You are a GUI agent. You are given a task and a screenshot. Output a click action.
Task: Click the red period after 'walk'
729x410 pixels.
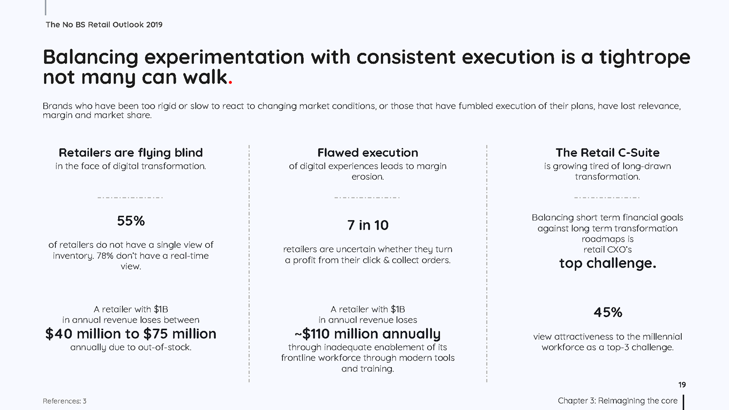click(x=230, y=83)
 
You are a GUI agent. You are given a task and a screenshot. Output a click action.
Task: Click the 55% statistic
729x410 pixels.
click(x=131, y=221)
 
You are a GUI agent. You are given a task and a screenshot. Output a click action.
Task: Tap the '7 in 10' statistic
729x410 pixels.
click(x=368, y=225)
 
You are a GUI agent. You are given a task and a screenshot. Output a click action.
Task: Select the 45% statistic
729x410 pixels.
click(x=607, y=312)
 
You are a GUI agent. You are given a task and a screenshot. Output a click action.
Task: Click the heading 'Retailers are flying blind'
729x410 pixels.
click(x=131, y=153)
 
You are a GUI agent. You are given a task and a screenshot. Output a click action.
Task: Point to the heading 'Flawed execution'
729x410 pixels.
click(x=368, y=153)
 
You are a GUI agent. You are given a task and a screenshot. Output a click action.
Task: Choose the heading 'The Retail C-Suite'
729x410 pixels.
click(x=607, y=153)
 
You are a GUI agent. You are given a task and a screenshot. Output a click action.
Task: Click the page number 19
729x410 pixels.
click(x=682, y=385)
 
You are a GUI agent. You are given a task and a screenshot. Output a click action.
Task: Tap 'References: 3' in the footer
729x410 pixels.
click(x=65, y=401)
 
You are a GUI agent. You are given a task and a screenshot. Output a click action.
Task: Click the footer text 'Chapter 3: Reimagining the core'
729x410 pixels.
click(x=618, y=401)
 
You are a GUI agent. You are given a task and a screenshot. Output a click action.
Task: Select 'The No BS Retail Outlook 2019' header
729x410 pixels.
click(x=104, y=25)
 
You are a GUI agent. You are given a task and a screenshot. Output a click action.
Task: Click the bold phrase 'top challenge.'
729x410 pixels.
click(x=607, y=263)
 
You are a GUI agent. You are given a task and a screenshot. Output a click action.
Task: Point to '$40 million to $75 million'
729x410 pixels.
click(x=131, y=334)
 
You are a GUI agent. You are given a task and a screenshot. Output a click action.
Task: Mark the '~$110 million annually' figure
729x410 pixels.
click(x=368, y=334)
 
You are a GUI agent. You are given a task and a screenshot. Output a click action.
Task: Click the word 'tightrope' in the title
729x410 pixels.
click(x=645, y=58)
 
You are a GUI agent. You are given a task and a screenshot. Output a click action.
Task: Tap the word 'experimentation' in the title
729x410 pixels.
click(x=224, y=58)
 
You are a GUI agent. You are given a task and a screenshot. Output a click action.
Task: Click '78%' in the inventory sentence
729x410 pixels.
click(x=105, y=256)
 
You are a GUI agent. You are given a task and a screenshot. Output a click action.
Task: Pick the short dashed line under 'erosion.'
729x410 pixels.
click(x=367, y=198)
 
